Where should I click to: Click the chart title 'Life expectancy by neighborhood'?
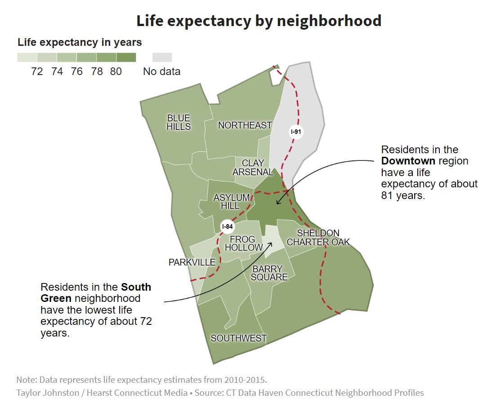point(259,21)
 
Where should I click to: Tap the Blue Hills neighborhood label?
point(179,122)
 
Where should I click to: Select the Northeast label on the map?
point(245,125)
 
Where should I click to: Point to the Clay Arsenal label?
point(253,167)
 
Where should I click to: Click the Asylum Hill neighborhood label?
point(231,201)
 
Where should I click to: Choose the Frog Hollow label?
point(243,243)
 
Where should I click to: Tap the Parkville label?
point(192,262)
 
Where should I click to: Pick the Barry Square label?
point(268,273)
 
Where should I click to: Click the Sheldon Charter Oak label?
point(318,238)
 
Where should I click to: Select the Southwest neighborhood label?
point(238,338)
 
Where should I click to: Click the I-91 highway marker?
point(295,132)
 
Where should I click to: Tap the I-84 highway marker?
point(228,226)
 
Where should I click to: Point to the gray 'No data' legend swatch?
point(162,57)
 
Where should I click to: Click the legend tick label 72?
point(37,71)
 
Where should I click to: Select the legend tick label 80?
point(116,71)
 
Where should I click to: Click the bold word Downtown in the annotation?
point(408,161)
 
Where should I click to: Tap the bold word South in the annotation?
point(136,287)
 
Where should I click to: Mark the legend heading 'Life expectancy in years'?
point(80,43)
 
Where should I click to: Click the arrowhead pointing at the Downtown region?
point(278,203)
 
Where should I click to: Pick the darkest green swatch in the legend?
point(126,57)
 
